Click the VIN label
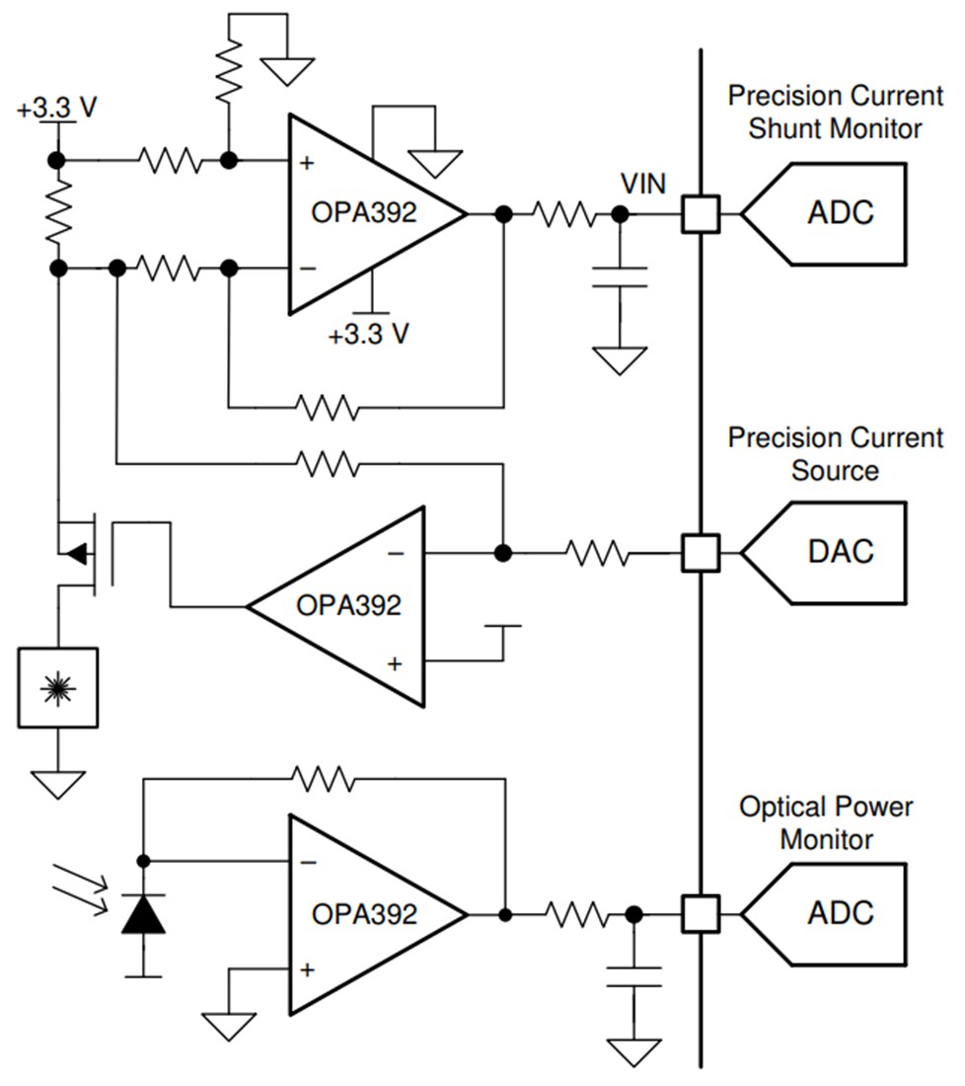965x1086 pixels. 643,184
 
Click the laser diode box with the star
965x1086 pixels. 57,688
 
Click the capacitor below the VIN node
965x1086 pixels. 621,276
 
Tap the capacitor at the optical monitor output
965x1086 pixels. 633,976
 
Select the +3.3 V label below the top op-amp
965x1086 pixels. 369,334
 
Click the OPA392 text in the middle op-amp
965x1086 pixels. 348,604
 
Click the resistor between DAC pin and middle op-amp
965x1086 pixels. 598,554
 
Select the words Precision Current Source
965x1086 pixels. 835,453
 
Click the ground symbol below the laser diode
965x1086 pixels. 57,784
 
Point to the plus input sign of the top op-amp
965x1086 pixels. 307,162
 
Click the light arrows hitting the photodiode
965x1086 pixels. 81,887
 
